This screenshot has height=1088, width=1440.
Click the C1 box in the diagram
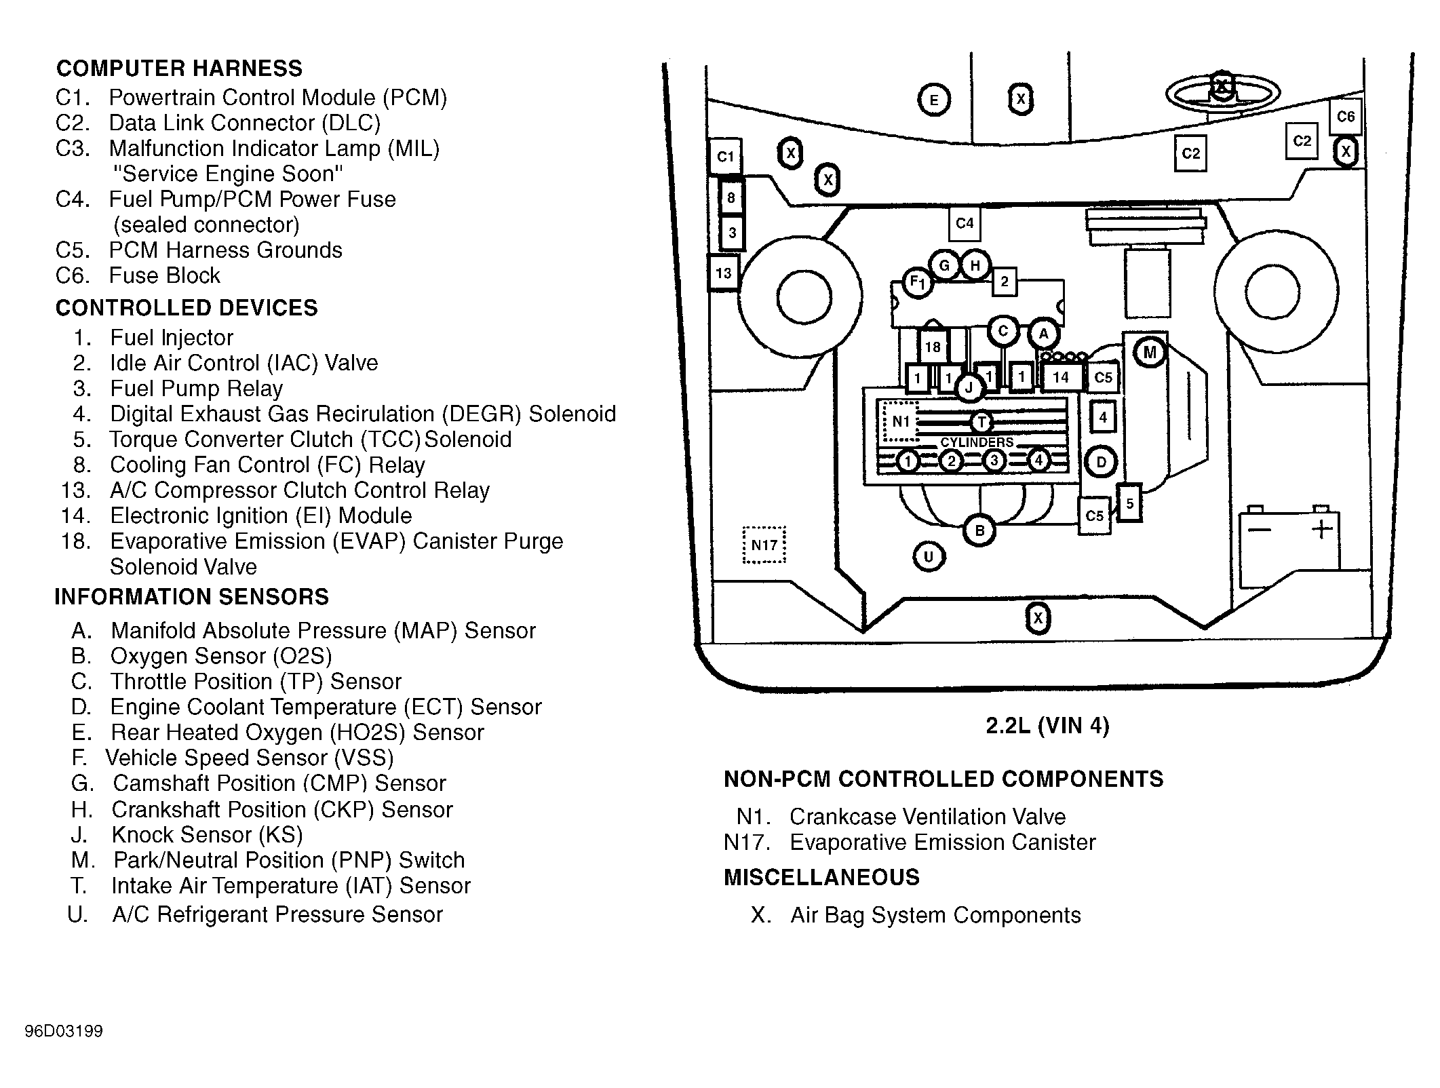[725, 157]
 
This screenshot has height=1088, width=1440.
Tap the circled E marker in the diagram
[934, 101]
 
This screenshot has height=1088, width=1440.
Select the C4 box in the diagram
[965, 223]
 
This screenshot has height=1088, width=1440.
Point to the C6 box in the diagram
[1345, 117]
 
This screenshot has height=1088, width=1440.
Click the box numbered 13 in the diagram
[724, 273]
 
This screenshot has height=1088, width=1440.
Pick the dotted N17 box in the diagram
[764, 545]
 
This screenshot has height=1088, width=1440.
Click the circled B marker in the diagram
[979, 530]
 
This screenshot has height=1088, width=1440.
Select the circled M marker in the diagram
[1150, 353]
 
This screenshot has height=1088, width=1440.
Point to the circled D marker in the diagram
[1101, 463]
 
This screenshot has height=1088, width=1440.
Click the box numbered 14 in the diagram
[1060, 377]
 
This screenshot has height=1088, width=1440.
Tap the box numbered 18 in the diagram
[933, 347]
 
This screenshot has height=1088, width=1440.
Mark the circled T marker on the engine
[981, 422]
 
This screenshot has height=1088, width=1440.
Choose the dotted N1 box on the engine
[900, 421]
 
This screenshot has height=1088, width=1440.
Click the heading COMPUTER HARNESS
[179, 69]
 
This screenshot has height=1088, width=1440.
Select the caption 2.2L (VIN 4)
[1047, 726]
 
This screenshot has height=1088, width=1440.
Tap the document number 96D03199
[64, 1031]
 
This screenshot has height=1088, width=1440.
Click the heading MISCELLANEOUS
[821, 877]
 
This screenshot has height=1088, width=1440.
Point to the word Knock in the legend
[144, 834]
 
